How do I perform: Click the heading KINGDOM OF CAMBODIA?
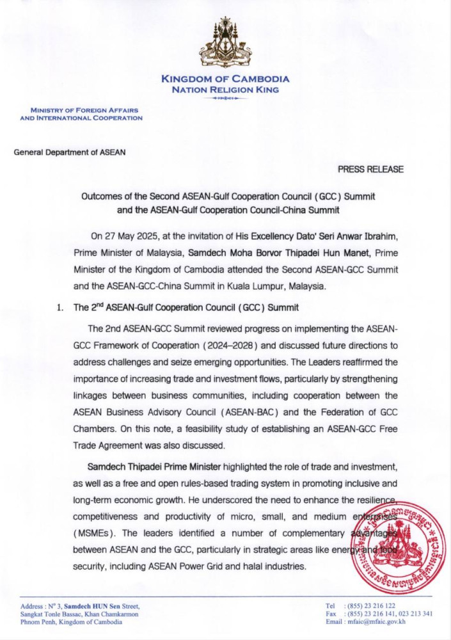pyautogui.click(x=225, y=79)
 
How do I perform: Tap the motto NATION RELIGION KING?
pyautogui.click(x=225, y=90)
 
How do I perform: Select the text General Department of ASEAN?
pyautogui.click(x=70, y=152)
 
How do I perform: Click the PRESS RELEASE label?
pyautogui.click(x=370, y=170)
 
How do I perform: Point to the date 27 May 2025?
pyautogui.click(x=131, y=236)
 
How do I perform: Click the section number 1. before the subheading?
pyautogui.click(x=61, y=308)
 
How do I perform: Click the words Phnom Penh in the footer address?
pyautogui.click(x=38, y=621)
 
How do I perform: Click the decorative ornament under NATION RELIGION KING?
pyautogui.click(x=225, y=99)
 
